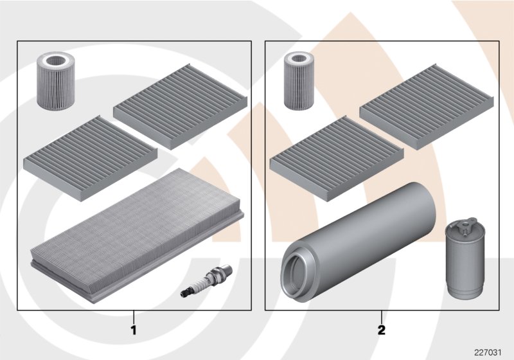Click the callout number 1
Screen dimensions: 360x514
pyautogui.click(x=134, y=332)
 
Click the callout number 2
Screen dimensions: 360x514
pyautogui.click(x=381, y=332)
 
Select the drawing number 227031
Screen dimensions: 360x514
pyautogui.click(x=489, y=351)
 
